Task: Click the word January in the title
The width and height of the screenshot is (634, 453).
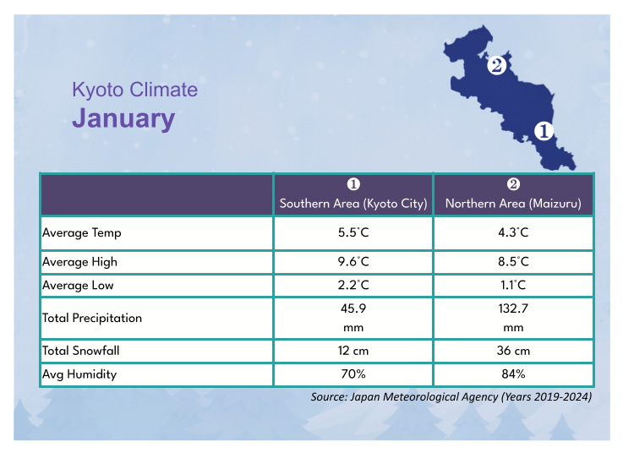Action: (123, 118)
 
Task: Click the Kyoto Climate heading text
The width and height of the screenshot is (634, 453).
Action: (134, 90)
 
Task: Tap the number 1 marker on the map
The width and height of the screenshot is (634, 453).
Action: (543, 131)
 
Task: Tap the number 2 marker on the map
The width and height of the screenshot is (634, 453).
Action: (496, 64)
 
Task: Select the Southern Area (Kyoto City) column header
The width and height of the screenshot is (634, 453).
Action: (353, 204)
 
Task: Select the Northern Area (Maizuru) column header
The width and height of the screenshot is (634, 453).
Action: (513, 204)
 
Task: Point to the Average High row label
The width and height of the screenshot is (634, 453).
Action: (80, 262)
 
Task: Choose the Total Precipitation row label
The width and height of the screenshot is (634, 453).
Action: (92, 319)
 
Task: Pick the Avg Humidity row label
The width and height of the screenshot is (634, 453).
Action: (79, 374)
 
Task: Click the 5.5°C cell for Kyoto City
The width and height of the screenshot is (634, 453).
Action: (353, 232)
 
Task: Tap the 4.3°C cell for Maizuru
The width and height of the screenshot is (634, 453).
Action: (513, 232)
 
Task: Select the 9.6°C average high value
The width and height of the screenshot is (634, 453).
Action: (353, 262)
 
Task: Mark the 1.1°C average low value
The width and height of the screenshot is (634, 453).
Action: (513, 286)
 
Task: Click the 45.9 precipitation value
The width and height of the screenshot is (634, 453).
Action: (353, 309)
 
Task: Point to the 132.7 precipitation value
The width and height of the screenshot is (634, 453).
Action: (513, 309)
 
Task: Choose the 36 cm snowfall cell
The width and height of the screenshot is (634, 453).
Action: (513, 351)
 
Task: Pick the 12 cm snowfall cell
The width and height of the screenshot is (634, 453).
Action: (353, 351)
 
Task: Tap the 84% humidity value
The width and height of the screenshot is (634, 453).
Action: (513, 374)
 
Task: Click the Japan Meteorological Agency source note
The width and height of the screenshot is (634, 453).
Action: (451, 396)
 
